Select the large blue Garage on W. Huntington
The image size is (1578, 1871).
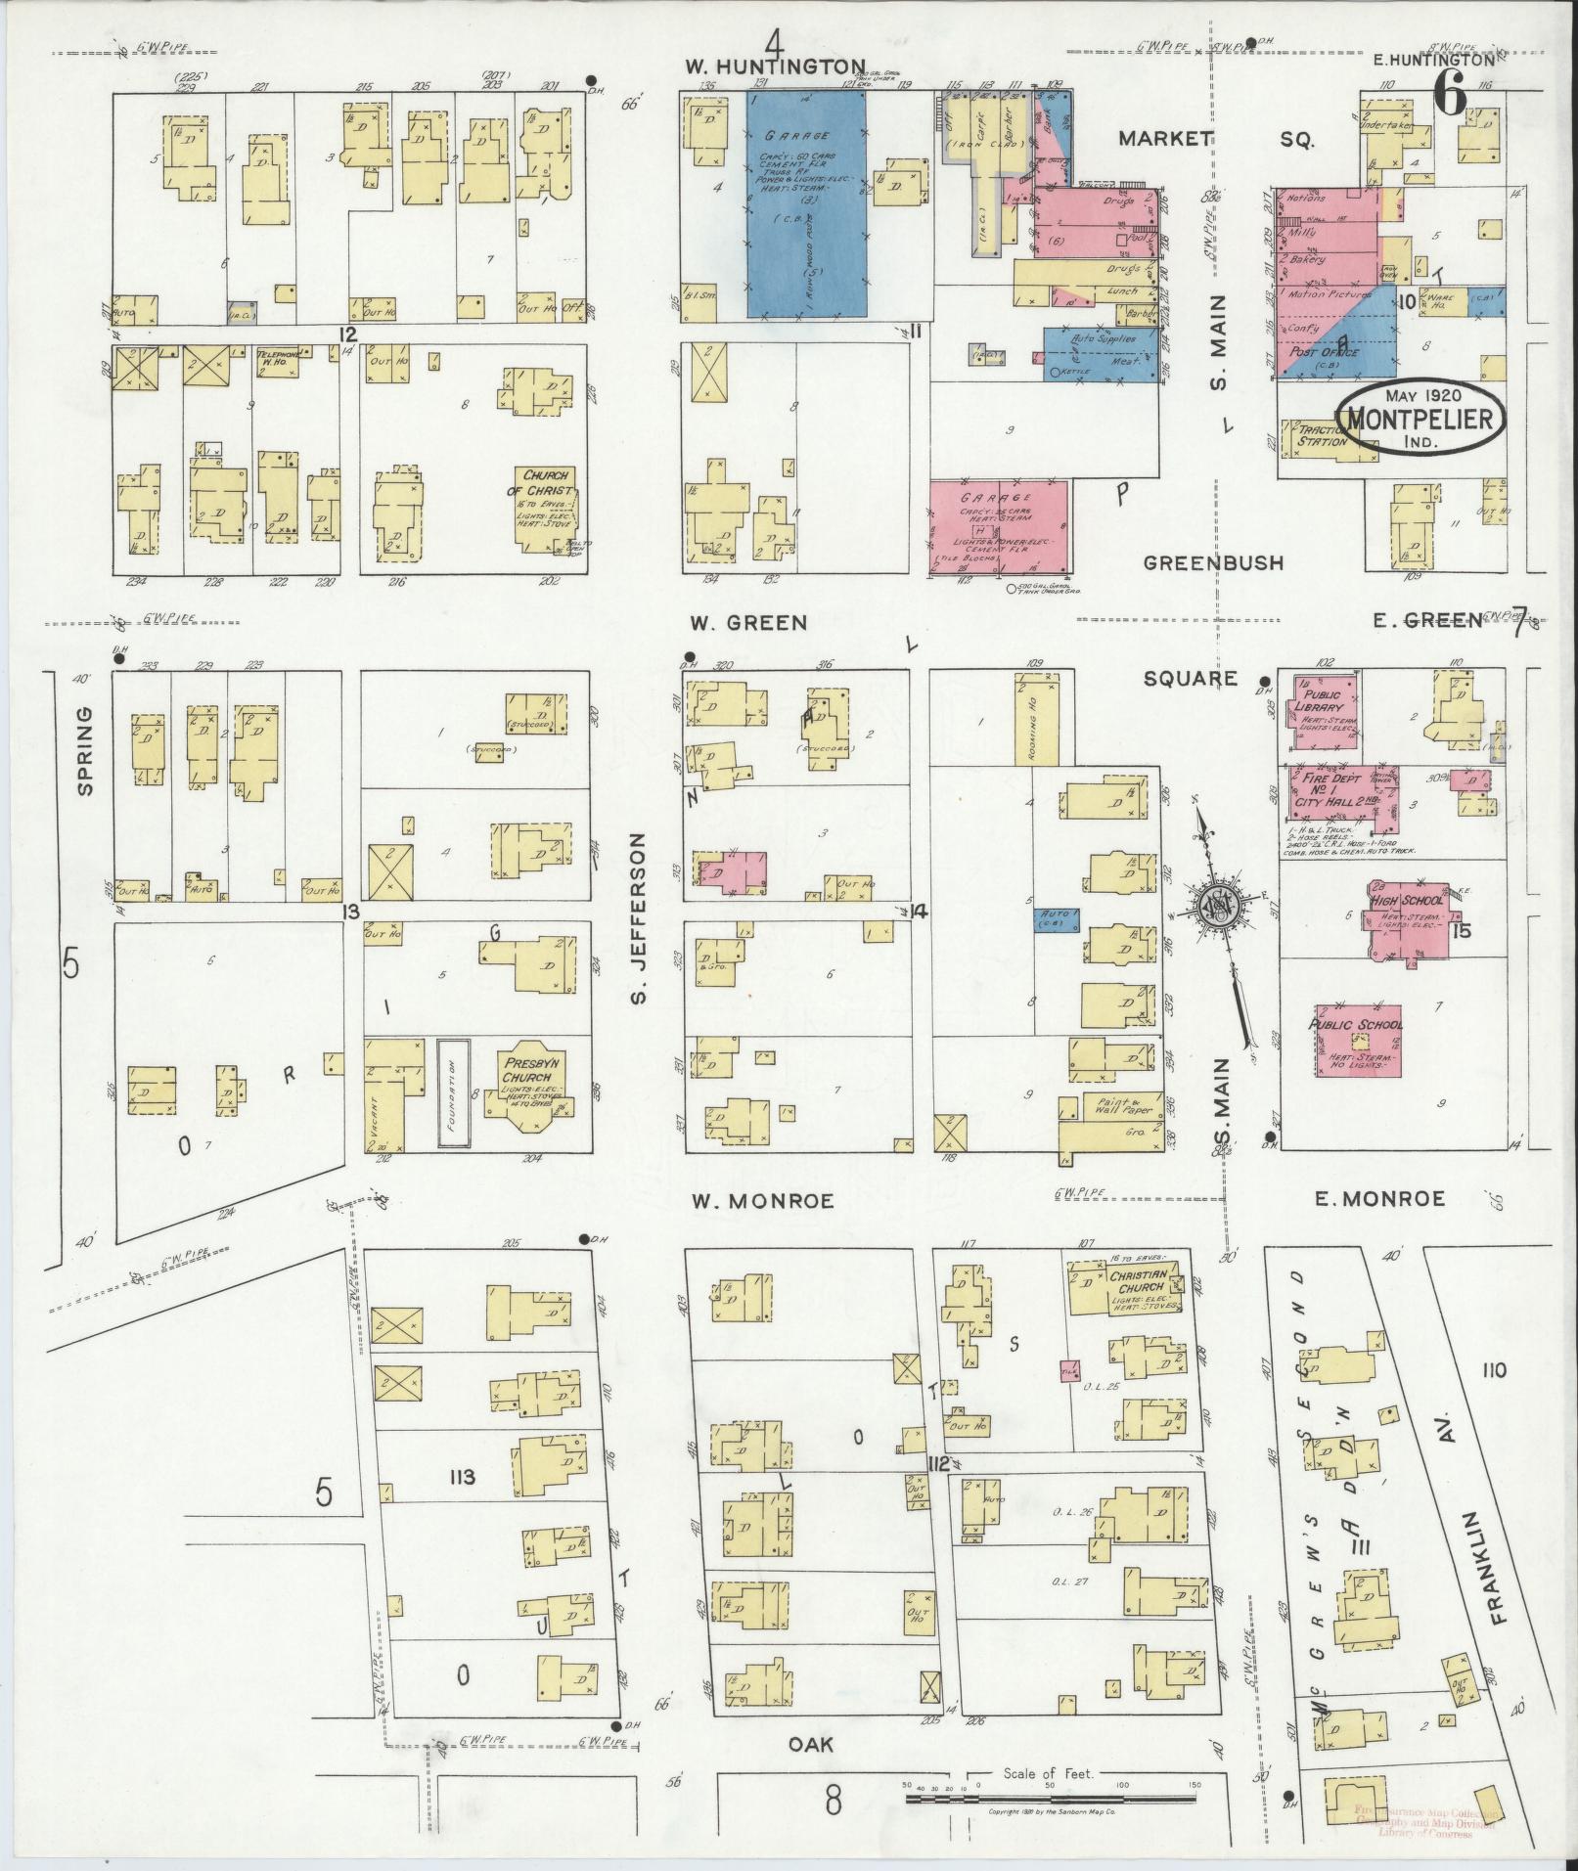(x=806, y=203)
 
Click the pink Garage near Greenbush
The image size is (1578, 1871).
(x=999, y=526)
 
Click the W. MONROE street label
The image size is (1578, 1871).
(x=763, y=1201)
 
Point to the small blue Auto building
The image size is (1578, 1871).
(x=1059, y=919)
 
